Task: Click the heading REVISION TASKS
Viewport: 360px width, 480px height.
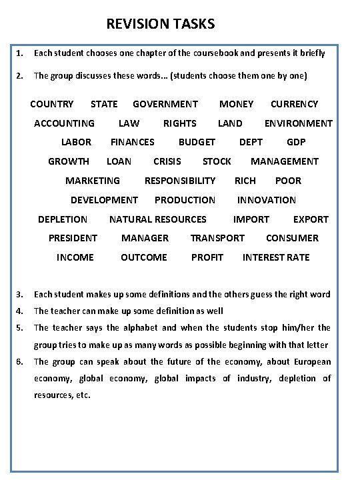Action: tap(161, 25)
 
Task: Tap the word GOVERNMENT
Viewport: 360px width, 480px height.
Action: tap(165, 104)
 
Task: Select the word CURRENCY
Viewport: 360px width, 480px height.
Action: tap(294, 104)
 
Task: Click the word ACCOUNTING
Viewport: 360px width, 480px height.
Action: tap(64, 123)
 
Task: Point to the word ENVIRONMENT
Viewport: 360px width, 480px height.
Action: tap(298, 123)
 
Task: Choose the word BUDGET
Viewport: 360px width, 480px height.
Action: tap(197, 142)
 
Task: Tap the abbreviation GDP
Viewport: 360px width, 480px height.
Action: tap(296, 142)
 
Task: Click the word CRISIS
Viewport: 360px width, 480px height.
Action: tap(167, 161)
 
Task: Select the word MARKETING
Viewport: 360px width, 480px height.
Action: tap(93, 181)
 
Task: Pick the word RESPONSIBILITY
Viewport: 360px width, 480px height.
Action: tap(180, 181)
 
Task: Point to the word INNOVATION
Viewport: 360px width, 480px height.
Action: tap(267, 200)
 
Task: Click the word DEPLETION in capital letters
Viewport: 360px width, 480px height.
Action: tap(63, 219)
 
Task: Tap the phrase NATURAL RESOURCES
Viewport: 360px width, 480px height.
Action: tap(158, 219)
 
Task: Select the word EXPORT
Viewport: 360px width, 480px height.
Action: tap(311, 219)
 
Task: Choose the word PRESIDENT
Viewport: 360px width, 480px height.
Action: tap(73, 238)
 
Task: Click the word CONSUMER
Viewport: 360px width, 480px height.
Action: tap(292, 238)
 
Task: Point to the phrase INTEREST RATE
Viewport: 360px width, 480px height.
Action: tap(276, 257)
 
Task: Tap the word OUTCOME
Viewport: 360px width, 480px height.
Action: tap(144, 257)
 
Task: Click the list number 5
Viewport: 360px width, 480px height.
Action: tap(20, 327)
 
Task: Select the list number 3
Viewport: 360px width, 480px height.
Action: tap(20, 294)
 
